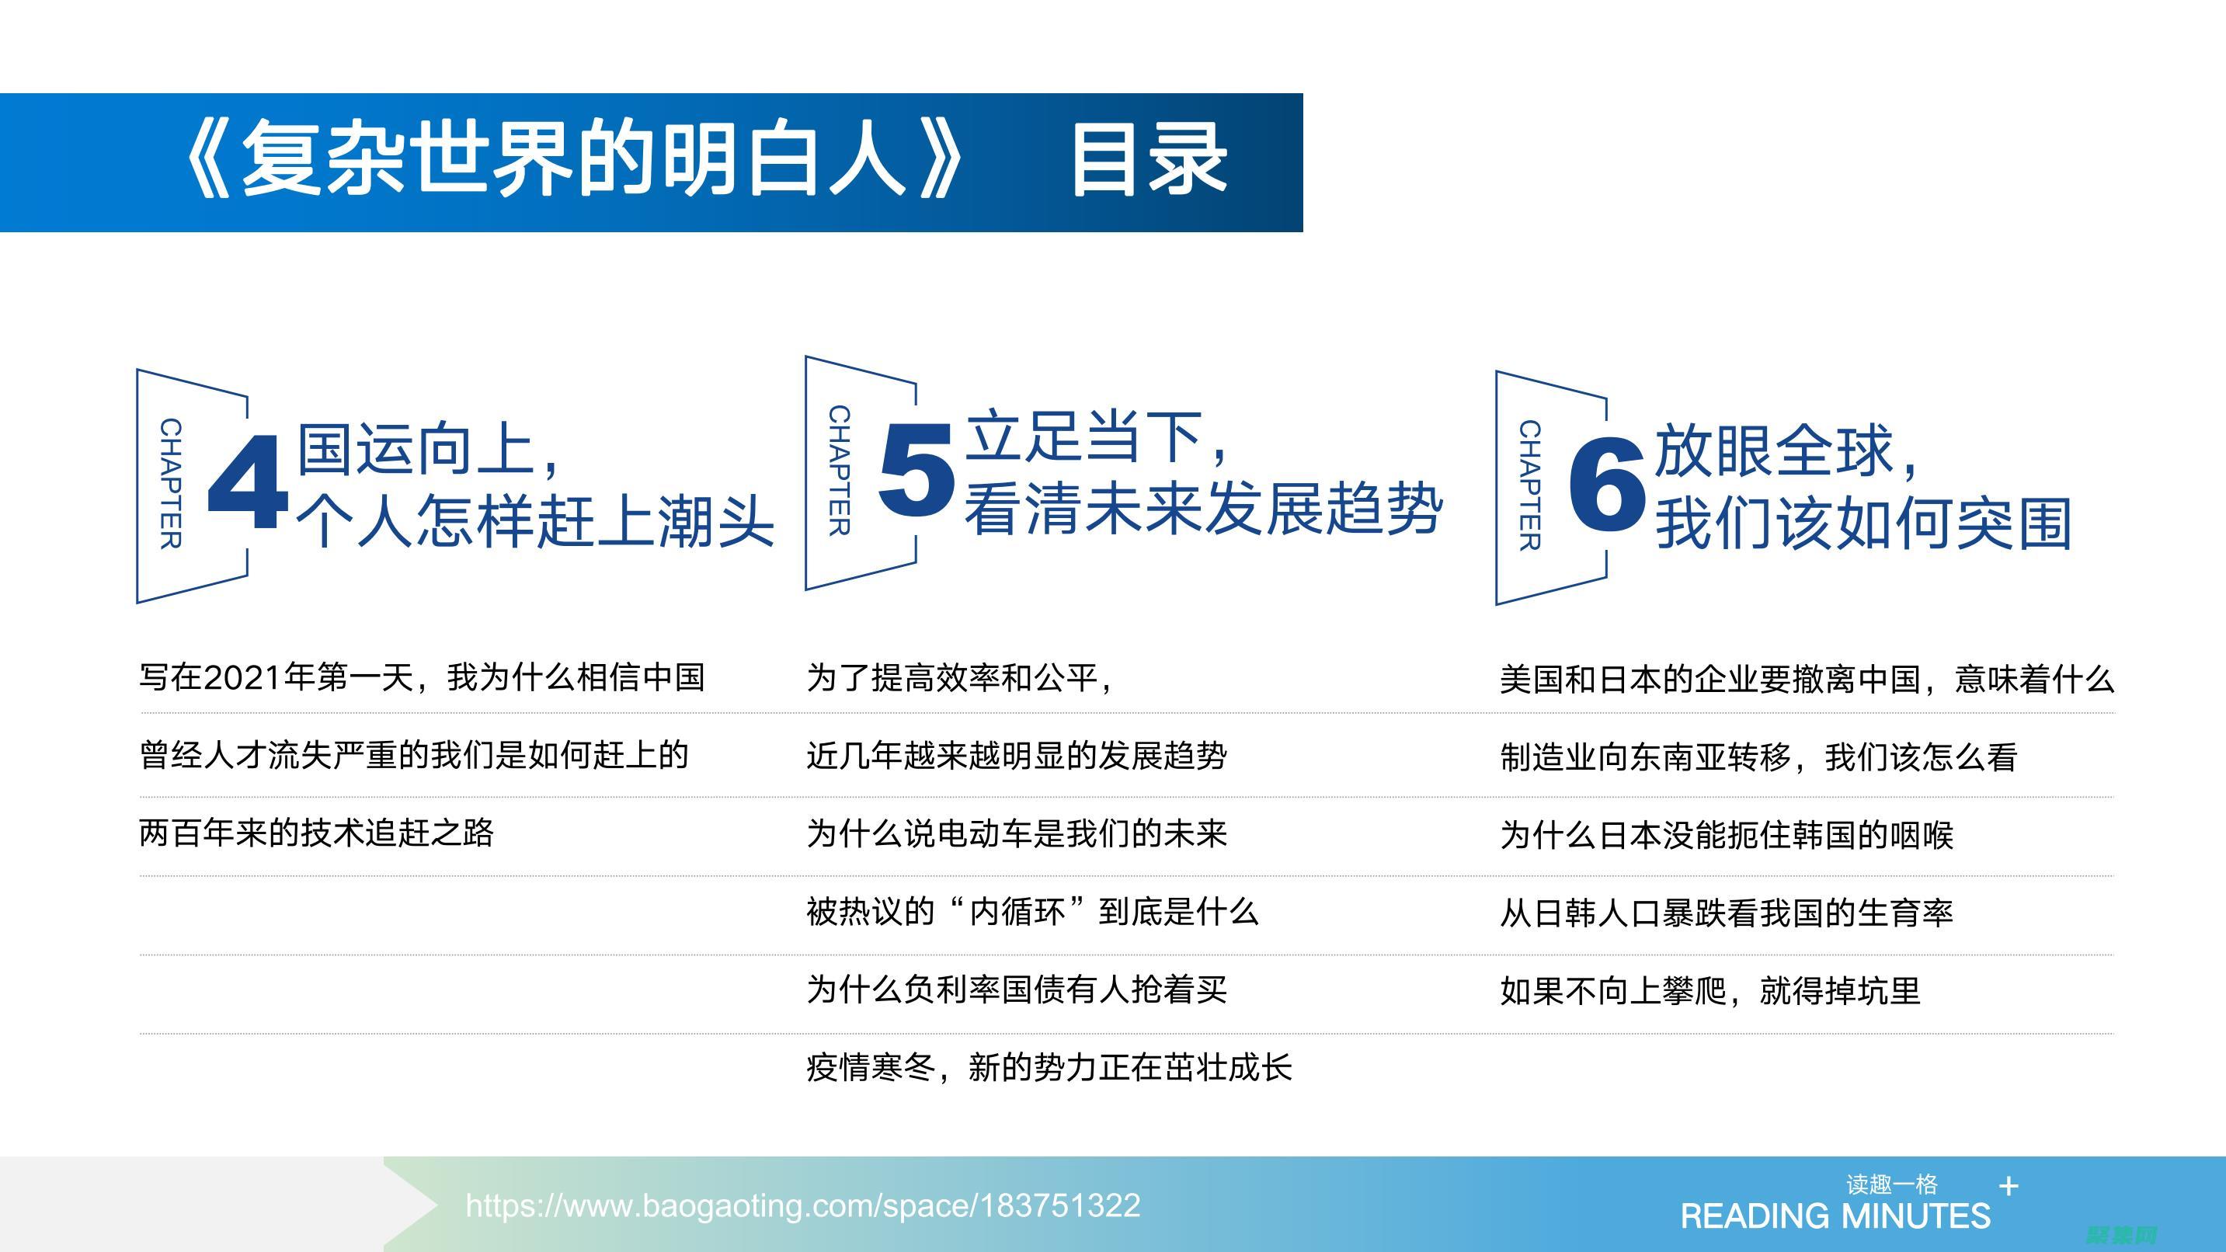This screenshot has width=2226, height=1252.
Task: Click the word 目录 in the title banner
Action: click(1149, 161)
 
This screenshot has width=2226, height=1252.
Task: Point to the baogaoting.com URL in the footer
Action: click(803, 1205)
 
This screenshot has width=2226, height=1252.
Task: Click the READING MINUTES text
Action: click(1835, 1216)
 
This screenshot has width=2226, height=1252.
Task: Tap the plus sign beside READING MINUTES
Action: click(2009, 1186)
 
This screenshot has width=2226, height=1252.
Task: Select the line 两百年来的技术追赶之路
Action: click(316, 833)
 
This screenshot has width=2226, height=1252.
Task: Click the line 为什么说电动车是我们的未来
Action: click(1016, 833)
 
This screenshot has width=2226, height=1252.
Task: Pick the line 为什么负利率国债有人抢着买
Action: click(1016, 989)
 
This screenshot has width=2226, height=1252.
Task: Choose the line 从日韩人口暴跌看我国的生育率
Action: click(1726, 913)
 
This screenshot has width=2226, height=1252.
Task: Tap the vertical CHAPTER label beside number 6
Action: click(1529, 485)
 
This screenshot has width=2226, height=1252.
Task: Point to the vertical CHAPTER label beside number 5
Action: click(839, 471)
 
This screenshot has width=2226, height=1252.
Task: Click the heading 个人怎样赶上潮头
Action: click(535, 522)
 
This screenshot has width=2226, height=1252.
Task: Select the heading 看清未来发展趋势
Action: click(1203, 508)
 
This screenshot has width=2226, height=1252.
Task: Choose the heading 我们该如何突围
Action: click(1863, 523)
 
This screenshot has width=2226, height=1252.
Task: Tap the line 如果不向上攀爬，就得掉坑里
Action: click(1710, 991)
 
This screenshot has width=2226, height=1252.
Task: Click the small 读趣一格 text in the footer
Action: click(1891, 1184)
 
